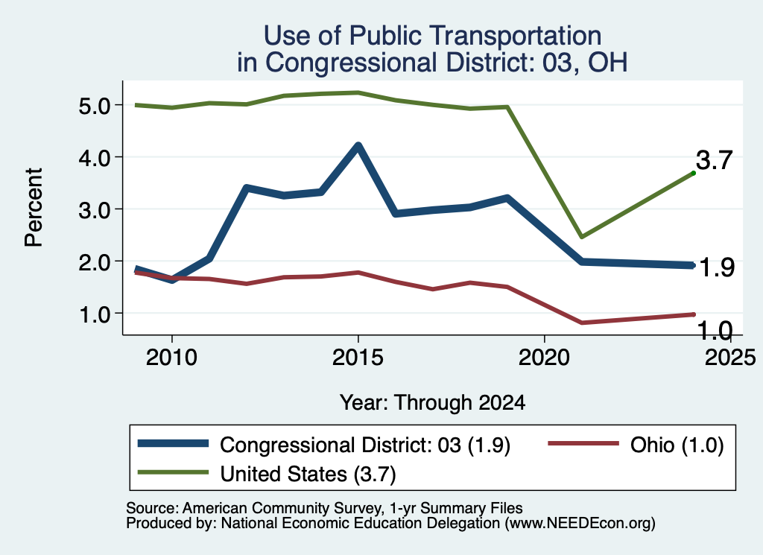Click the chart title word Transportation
coord(516,36)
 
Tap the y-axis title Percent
coord(34,207)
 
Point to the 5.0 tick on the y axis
coord(96,106)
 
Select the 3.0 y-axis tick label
coord(96,209)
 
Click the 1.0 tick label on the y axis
coord(96,314)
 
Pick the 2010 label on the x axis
coord(171,358)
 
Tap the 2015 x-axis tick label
coord(358,358)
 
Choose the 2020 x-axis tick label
coord(544,358)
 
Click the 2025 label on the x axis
coord(730,358)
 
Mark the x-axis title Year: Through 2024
coord(433,403)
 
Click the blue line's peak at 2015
coord(358,145)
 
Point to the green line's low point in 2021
coord(581,237)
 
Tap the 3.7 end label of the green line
coord(714,160)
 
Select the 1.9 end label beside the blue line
coord(716,267)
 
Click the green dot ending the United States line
coord(694,173)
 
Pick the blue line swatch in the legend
coord(173,443)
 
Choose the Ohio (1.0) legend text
coord(677,445)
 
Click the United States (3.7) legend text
coord(308,474)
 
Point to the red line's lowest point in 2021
coord(581,323)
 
